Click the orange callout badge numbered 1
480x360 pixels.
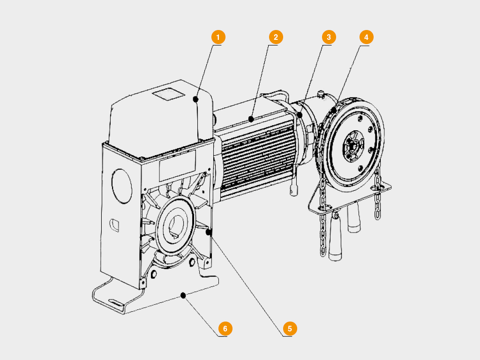[x=218, y=37]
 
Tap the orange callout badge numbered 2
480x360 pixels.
[x=276, y=37]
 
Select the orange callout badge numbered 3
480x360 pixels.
[x=329, y=37]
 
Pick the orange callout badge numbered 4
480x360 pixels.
[x=366, y=37]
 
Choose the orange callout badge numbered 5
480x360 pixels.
[x=290, y=329]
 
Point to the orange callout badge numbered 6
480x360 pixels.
[x=225, y=329]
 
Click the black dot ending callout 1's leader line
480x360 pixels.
[x=196, y=99]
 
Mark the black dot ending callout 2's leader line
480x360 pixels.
[x=252, y=120]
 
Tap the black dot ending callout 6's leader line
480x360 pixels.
[x=183, y=295]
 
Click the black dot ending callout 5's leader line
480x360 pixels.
[x=209, y=232]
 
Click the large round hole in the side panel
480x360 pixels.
[x=122, y=186]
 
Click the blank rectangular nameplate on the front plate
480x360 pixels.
[x=177, y=166]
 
